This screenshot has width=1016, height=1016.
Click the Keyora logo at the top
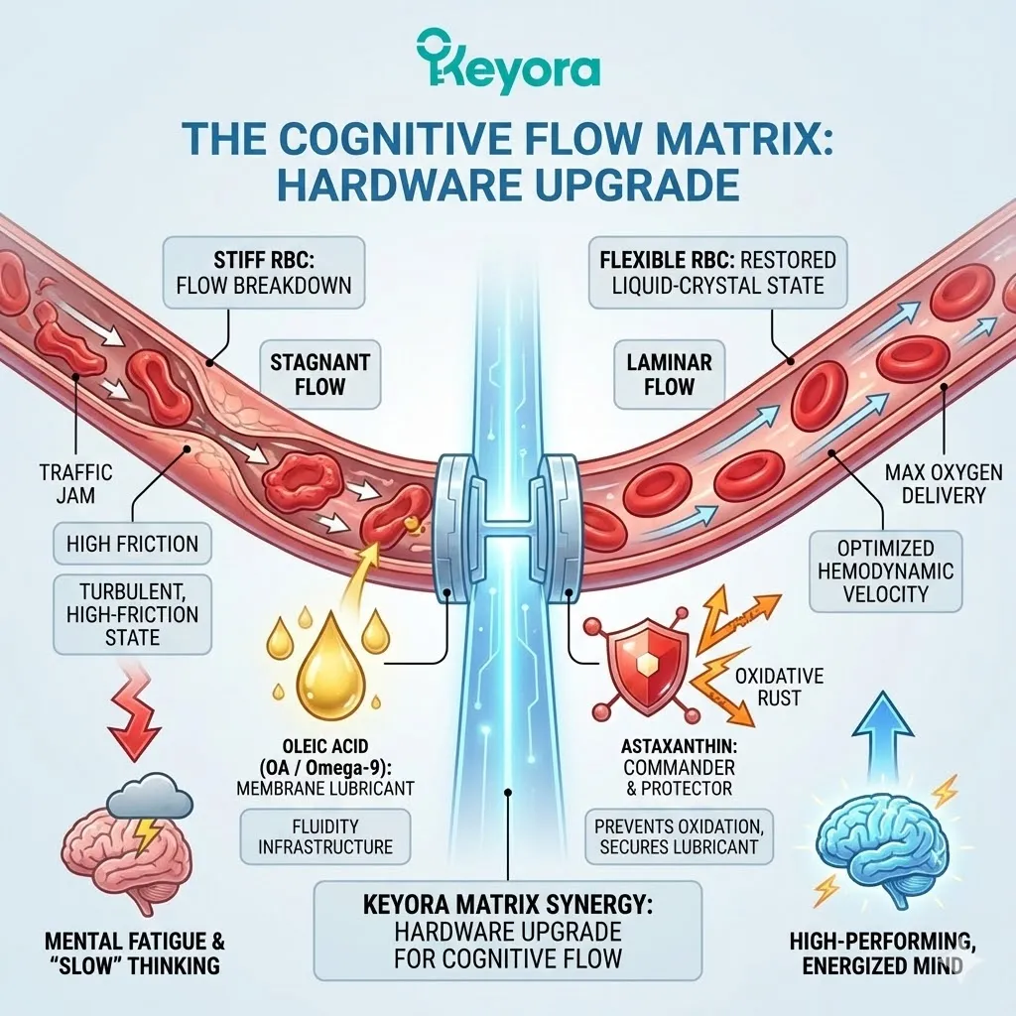[508, 63]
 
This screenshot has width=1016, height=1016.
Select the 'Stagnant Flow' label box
[319, 373]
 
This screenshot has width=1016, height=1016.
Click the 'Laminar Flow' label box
[670, 373]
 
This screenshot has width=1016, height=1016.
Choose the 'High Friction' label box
[132, 544]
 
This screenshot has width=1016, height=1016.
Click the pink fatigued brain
[116, 853]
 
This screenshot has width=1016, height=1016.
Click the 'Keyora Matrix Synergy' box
[507, 933]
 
